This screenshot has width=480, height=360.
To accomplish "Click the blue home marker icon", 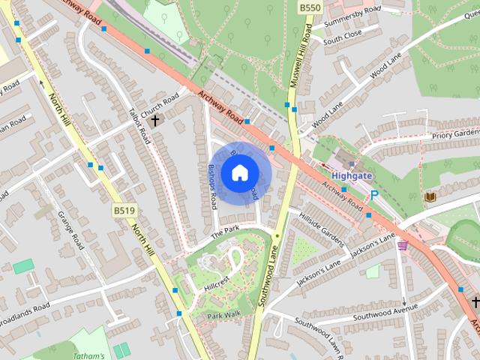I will [239, 173].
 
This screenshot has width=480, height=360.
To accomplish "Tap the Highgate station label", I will [351, 175].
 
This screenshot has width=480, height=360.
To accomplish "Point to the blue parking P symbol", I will [373, 195].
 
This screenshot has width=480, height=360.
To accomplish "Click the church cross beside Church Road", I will [155, 120].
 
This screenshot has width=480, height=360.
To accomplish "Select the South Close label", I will [342, 34].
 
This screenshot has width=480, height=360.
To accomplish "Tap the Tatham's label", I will [89, 355].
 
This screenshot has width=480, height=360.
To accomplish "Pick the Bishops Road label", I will [213, 186].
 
